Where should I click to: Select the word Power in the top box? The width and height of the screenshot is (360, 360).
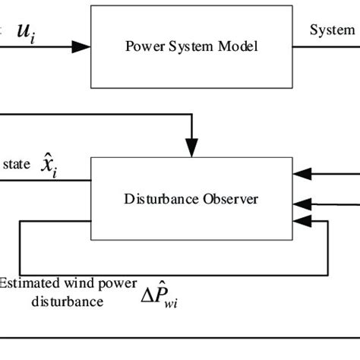click(140, 46)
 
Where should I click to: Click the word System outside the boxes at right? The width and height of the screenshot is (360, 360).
click(332, 30)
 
